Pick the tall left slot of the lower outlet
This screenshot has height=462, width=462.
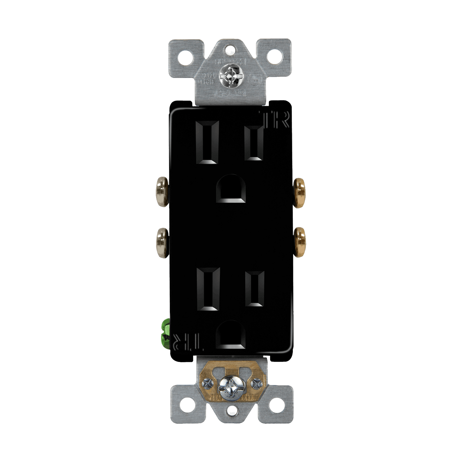[208, 289]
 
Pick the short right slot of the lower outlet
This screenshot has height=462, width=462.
[255, 289]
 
